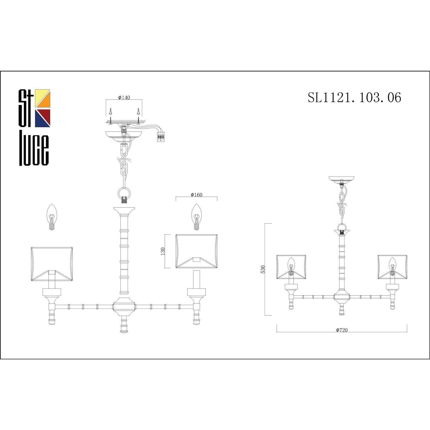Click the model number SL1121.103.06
(354, 97)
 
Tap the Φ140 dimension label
(124, 97)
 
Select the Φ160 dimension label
(196, 195)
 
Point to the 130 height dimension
(163, 251)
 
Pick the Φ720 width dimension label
(342, 330)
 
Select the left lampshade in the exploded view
(52, 264)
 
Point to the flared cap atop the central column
(124, 211)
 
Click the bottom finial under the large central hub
(124, 325)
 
